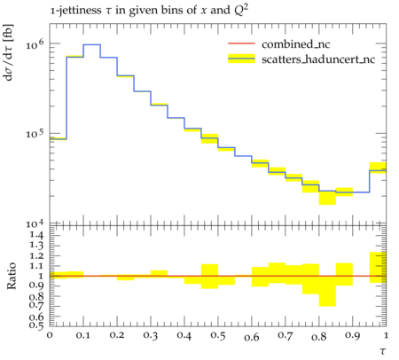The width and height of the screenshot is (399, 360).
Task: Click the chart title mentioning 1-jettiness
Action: coord(149,11)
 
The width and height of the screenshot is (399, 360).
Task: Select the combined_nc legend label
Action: coord(295,44)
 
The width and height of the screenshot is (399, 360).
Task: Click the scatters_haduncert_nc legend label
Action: coord(318,59)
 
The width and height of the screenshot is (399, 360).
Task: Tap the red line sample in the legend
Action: coord(241,43)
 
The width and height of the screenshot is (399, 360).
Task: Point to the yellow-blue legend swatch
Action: coord(241,59)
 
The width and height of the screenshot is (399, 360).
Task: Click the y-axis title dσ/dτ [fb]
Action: coord(9,52)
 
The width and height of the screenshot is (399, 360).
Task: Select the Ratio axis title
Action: coord(12,276)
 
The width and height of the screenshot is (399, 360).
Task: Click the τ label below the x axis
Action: coord(383,351)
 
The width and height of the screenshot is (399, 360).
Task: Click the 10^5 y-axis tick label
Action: coord(35,134)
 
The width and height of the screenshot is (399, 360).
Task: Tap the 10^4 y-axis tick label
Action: coord(35,223)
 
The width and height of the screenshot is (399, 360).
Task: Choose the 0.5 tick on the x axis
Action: coord(218,336)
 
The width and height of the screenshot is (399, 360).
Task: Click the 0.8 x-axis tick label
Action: coord(318,336)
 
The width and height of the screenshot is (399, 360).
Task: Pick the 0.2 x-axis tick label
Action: coord(117,335)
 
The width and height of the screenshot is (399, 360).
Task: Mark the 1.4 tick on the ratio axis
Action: coord(36,235)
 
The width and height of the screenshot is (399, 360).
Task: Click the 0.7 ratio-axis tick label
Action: coord(36,304)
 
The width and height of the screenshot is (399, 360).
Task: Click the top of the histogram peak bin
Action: coord(92,44)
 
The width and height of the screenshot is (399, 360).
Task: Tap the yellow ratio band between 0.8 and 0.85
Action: coord(327,291)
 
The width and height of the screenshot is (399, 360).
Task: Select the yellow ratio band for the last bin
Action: coord(378,268)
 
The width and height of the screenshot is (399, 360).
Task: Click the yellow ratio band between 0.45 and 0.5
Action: coord(209,277)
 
